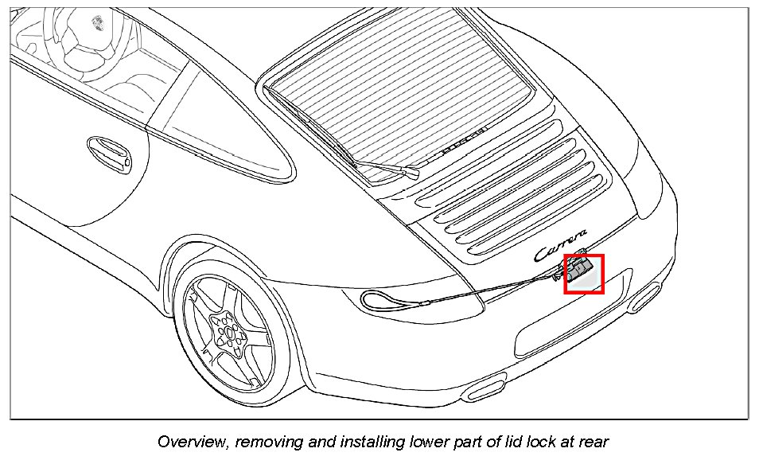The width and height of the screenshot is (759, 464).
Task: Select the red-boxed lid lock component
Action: pos(584,274)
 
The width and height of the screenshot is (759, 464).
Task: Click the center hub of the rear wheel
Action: pos(227,329)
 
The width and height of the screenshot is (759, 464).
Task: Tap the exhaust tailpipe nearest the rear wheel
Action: pos(485,389)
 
